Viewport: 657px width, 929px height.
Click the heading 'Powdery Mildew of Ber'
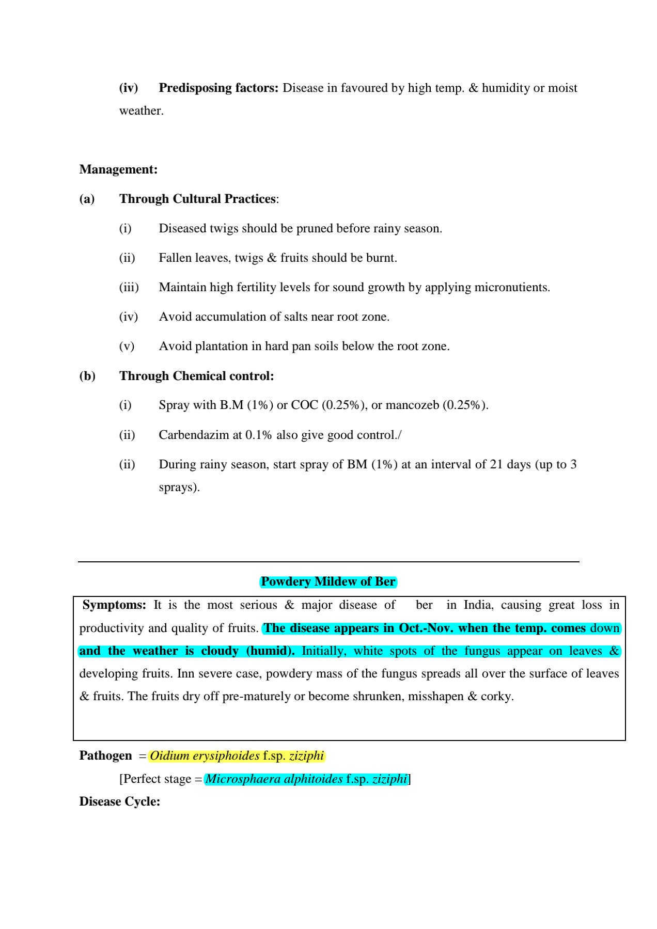[328, 581]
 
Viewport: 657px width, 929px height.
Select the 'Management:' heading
[118, 169]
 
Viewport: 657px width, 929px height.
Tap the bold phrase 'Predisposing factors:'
[218, 88]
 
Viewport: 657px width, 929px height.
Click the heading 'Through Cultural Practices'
[198, 199]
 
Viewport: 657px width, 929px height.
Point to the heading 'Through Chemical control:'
[197, 376]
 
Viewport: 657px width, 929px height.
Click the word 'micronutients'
[512, 287]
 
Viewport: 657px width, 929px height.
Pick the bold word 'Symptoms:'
[114, 605]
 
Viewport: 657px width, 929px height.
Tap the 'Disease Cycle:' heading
[120, 801]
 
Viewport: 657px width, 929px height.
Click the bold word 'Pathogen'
[105, 755]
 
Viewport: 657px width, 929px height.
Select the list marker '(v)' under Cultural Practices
[127, 346]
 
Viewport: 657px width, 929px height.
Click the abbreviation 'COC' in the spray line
[305, 405]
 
